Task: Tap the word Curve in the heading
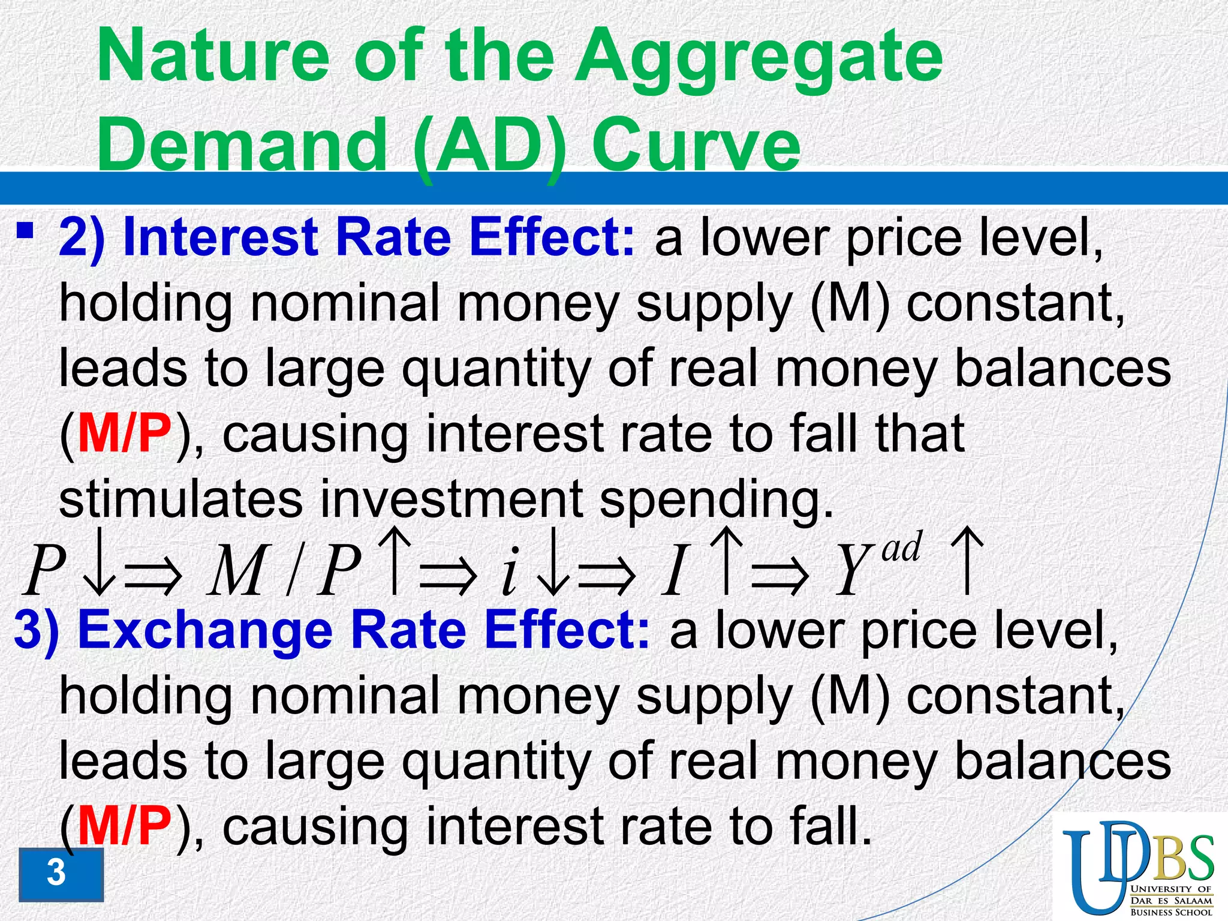696,144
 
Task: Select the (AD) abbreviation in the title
489,144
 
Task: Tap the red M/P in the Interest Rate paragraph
124,433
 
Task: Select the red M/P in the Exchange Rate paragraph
124,826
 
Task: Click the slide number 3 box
60,874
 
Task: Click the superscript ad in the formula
901,548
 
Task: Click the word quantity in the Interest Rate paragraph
496,369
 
